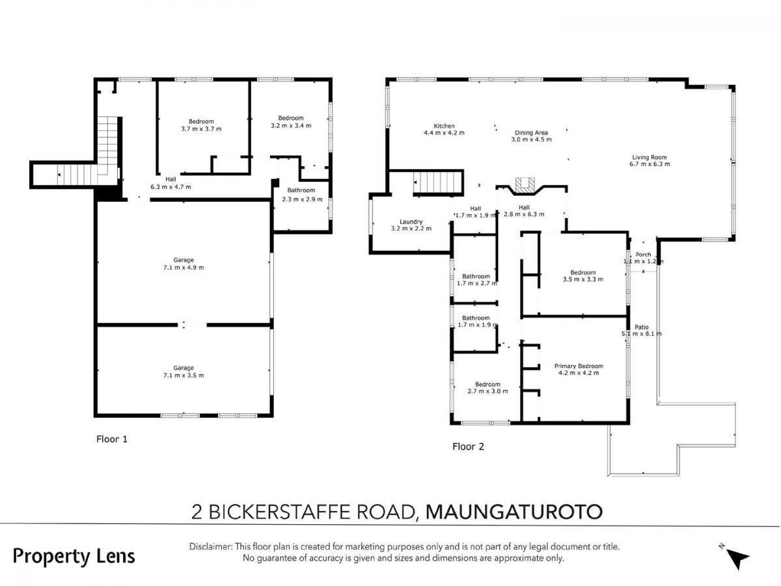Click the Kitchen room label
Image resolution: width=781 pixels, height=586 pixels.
[x=444, y=126]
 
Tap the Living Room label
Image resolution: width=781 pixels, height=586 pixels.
[x=649, y=157]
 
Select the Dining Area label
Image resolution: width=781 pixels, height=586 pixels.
[x=531, y=133]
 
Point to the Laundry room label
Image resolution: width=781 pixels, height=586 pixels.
[x=411, y=221]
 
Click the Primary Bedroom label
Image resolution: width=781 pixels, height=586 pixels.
[x=579, y=366]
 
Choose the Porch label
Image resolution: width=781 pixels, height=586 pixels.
[x=642, y=255]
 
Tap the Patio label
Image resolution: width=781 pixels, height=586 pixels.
[x=641, y=327]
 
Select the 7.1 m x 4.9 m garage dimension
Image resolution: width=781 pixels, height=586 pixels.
[x=184, y=267]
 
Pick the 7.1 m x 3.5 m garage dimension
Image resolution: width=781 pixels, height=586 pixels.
[x=184, y=375]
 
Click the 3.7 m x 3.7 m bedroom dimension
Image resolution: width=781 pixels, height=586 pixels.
[x=201, y=129]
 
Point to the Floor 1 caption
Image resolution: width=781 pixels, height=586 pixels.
[x=112, y=439]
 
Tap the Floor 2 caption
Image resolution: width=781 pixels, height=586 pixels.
[x=468, y=447]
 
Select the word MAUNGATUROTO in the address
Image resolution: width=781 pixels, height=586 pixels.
[x=514, y=512]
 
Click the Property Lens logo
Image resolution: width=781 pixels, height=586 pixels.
[x=74, y=557]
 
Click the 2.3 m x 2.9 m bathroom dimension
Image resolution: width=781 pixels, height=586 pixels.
[x=302, y=199]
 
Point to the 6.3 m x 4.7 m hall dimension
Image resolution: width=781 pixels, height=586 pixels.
[x=171, y=186]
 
